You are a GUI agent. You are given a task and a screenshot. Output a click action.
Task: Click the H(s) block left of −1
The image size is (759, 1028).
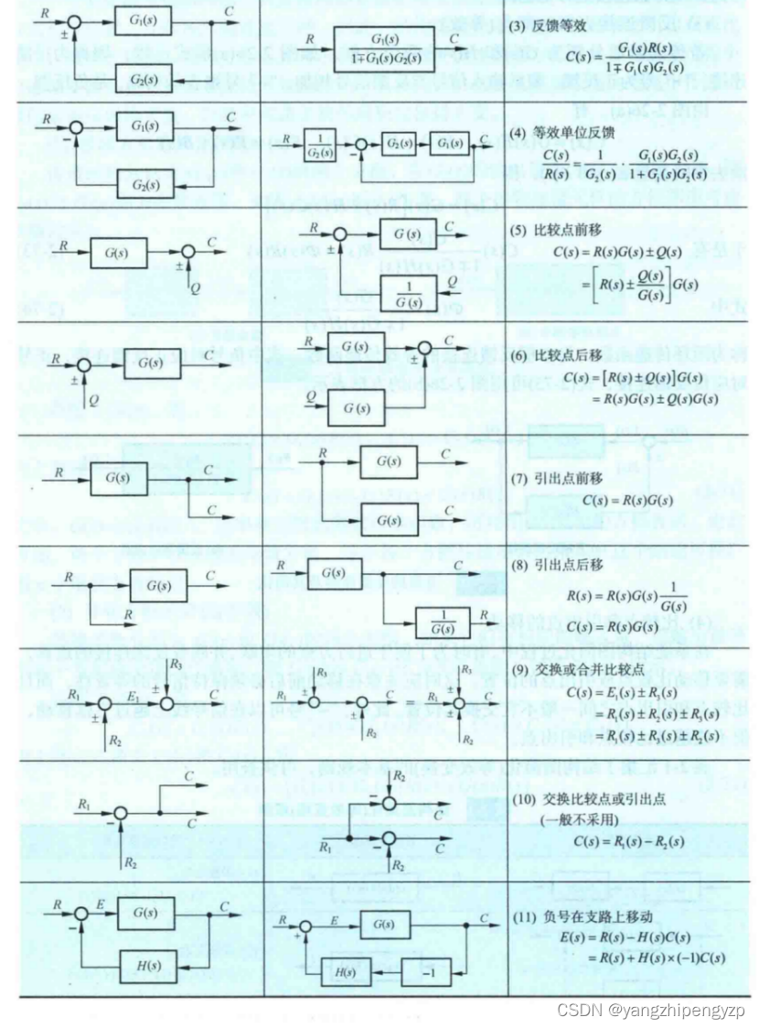pyautogui.click(x=344, y=971)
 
